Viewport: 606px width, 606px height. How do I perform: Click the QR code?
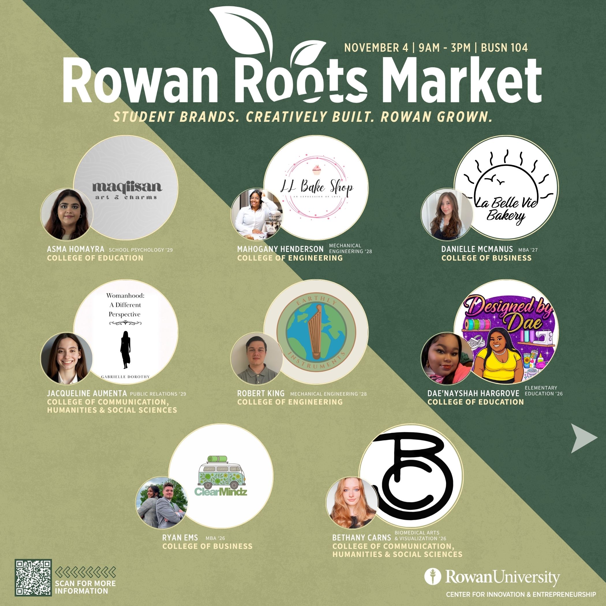click(x=33, y=577)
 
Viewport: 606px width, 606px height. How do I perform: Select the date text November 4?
click(x=376, y=48)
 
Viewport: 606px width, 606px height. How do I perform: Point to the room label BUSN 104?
click(x=504, y=48)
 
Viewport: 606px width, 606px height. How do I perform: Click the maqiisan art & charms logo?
click(x=127, y=190)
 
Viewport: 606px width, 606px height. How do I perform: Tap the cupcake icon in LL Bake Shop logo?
click(x=317, y=170)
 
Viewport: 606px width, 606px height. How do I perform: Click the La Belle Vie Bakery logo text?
click(x=506, y=209)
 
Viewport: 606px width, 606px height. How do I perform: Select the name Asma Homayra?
click(x=76, y=249)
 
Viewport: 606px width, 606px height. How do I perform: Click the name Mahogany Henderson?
click(x=280, y=249)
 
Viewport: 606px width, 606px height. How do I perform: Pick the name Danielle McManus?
click(x=477, y=249)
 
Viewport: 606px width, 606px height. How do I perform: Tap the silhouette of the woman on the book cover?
click(x=126, y=349)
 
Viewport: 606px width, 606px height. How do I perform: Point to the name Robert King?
click(x=261, y=393)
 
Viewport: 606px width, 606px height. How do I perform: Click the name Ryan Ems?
click(x=180, y=538)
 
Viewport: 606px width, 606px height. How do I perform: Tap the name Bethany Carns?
click(x=361, y=538)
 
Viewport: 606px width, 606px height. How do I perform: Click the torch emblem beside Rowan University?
click(x=433, y=577)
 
